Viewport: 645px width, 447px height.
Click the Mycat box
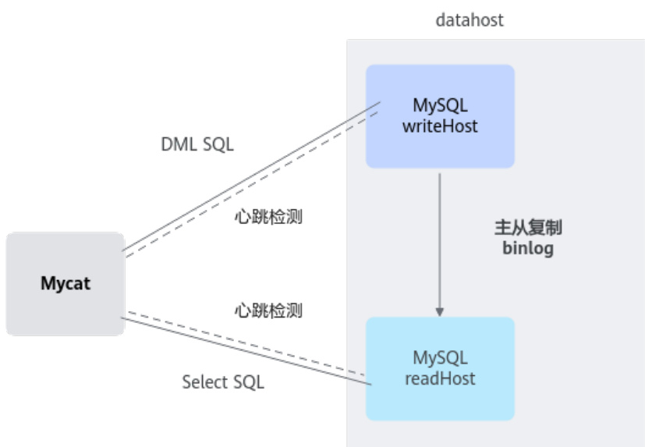[65, 284]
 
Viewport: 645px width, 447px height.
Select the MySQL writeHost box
[440, 116]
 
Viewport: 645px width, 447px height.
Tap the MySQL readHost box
[440, 368]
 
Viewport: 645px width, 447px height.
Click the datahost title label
[470, 20]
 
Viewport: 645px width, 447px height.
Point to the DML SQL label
[197, 144]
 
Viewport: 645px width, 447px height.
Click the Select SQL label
[223, 382]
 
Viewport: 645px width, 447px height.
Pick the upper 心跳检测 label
[268, 218]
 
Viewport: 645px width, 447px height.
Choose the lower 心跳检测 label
[268, 310]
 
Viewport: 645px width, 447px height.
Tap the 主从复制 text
[528, 229]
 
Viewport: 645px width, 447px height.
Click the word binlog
[528, 249]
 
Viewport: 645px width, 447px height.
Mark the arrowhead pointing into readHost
[440, 310]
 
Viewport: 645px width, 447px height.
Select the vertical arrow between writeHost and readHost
[440, 234]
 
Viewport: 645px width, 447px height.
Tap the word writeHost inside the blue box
[440, 126]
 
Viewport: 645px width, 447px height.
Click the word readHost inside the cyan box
[440, 379]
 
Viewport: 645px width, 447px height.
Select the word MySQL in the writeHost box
[440, 105]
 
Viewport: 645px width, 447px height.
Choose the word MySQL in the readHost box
[440, 359]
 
